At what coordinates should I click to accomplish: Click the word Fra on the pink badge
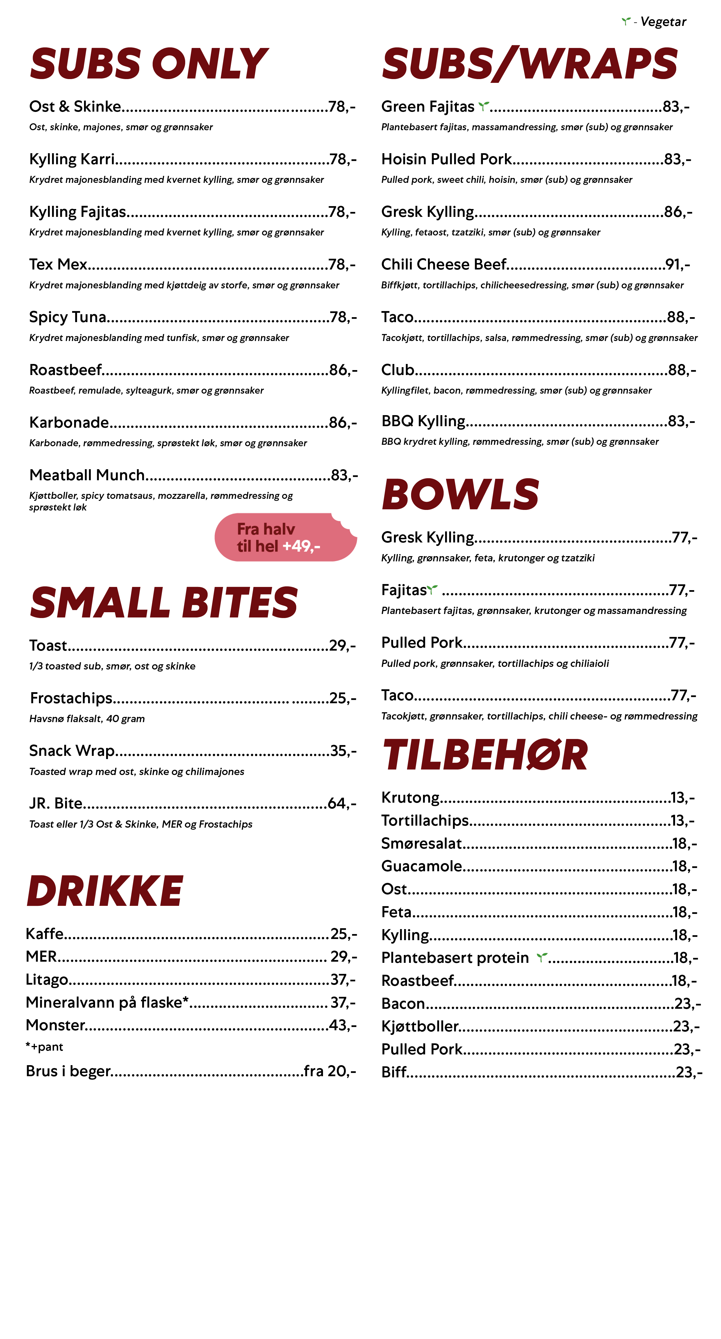click(x=248, y=529)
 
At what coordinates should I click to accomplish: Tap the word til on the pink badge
click(x=244, y=546)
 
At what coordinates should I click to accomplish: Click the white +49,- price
click(x=301, y=546)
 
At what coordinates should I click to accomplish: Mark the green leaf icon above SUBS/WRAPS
click(x=626, y=21)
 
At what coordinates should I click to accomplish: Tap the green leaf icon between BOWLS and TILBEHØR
click(x=431, y=589)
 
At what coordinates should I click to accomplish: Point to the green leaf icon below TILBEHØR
click(x=542, y=957)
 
